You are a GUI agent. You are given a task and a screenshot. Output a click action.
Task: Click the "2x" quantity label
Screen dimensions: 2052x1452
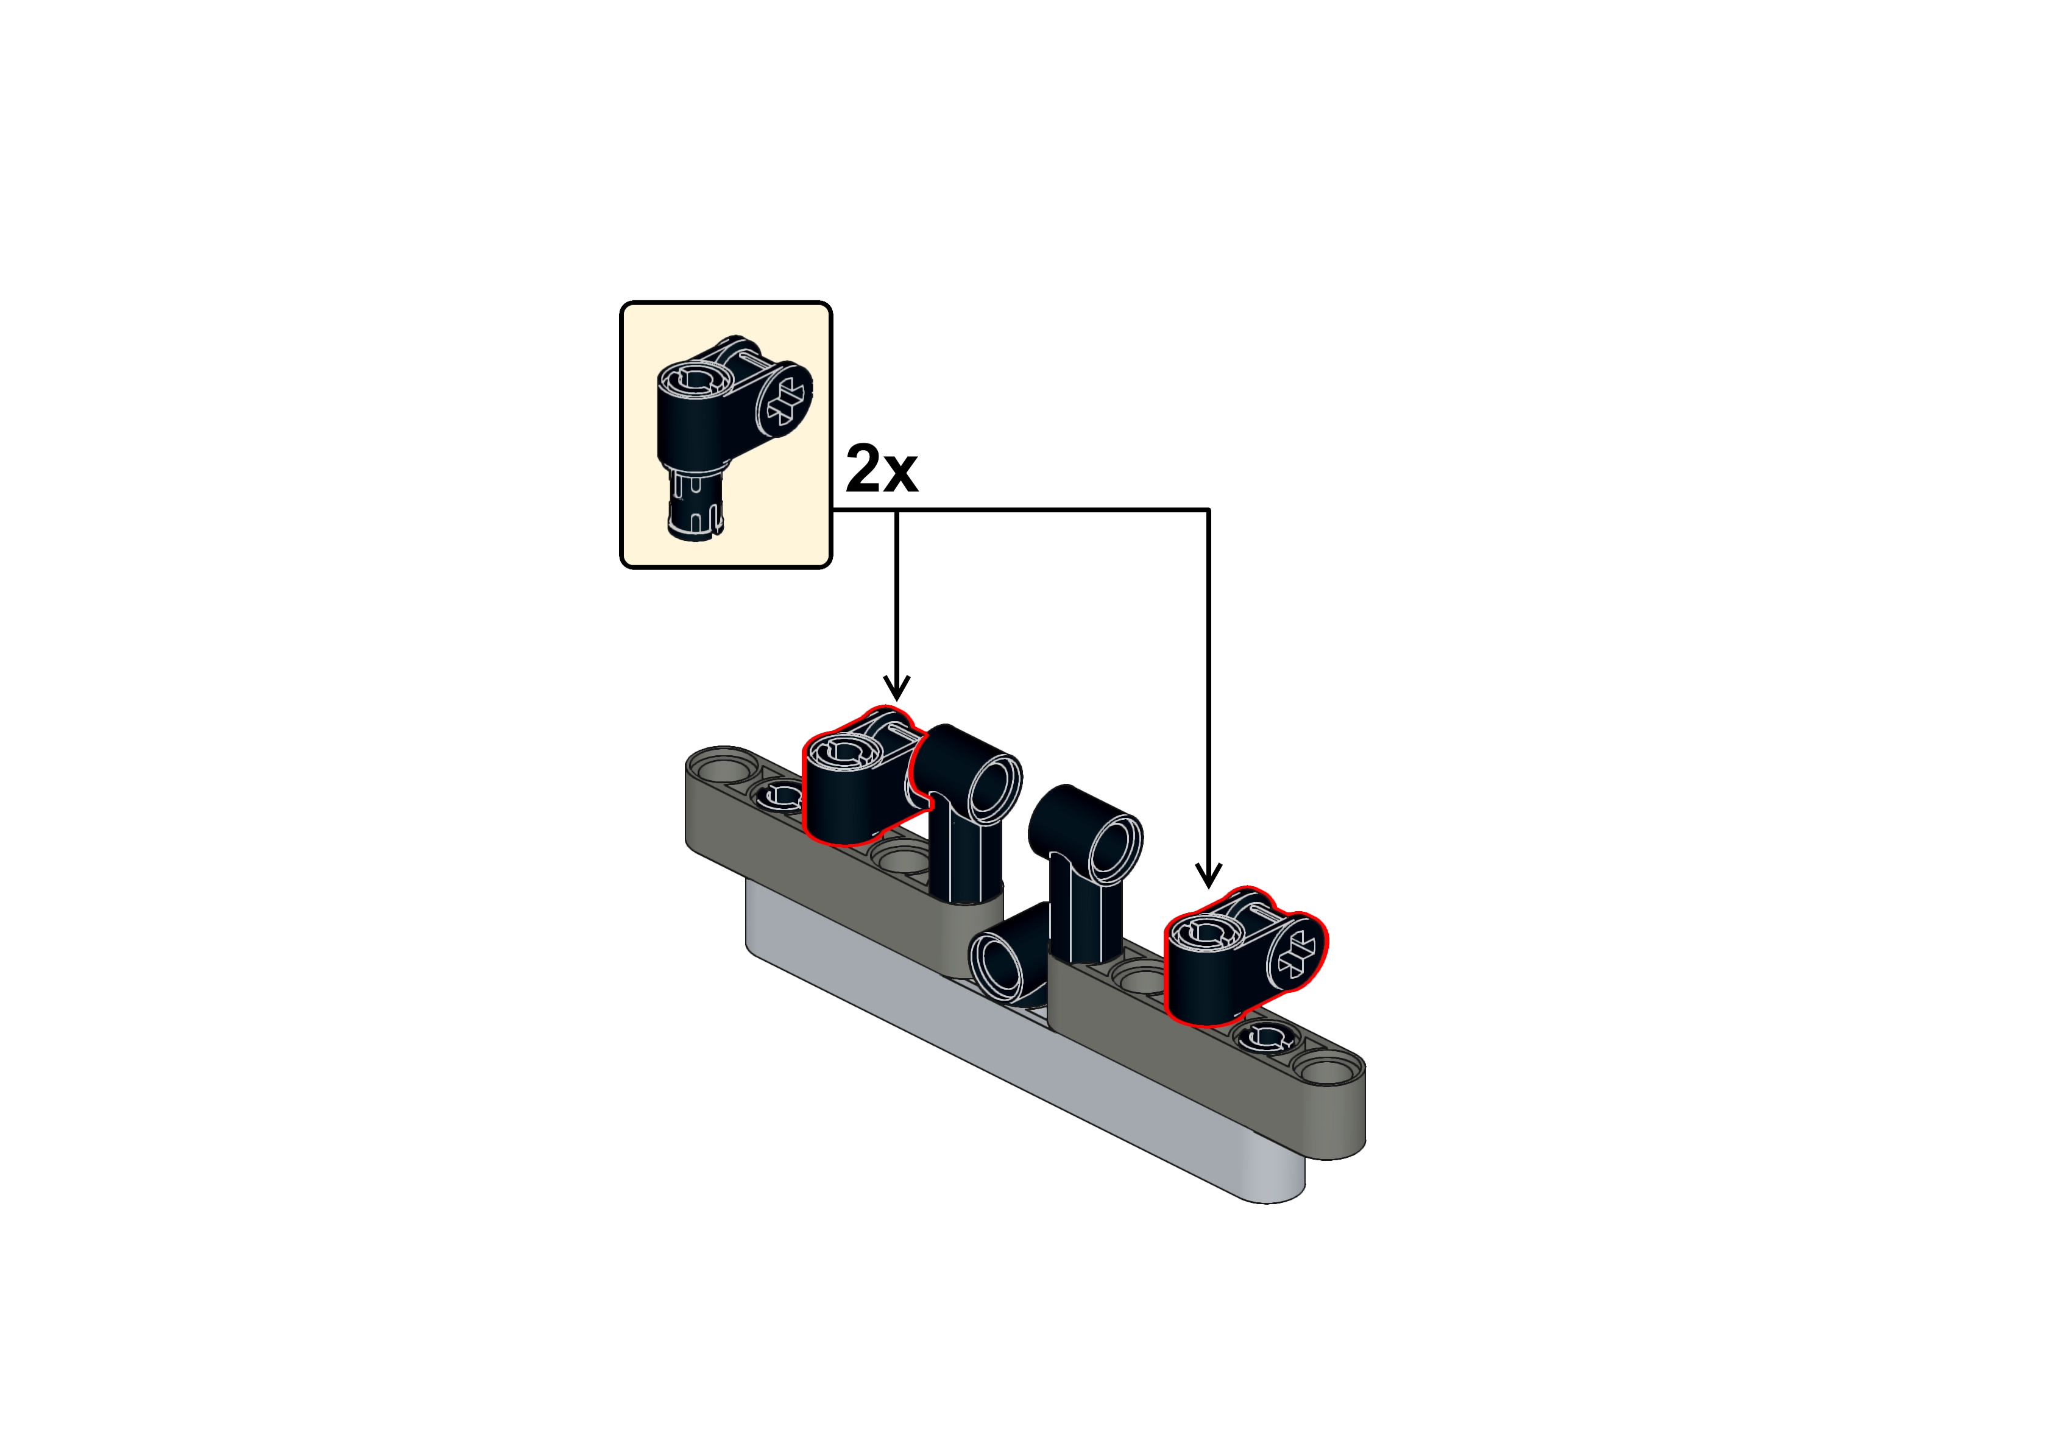pyautogui.click(x=881, y=468)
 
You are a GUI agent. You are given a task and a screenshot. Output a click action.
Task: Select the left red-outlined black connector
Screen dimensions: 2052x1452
pyautogui.click(x=863, y=776)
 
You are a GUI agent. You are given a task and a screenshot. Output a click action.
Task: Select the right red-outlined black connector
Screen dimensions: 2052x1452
pyautogui.click(x=1245, y=956)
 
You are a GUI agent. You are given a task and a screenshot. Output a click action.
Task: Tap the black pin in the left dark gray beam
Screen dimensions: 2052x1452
pyautogui.click(x=782, y=794)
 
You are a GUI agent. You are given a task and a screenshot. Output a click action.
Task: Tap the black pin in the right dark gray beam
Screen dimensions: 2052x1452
pyautogui.click(x=1262, y=1038)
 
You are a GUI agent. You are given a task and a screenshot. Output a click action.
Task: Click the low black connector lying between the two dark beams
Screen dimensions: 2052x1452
pyautogui.click(x=1010, y=951)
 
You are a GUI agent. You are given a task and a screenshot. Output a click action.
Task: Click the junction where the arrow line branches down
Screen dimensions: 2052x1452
pyautogui.click(x=896, y=510)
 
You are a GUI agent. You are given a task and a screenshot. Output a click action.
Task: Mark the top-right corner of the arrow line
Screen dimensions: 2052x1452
pyautogui.click(x=1208, y=510)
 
